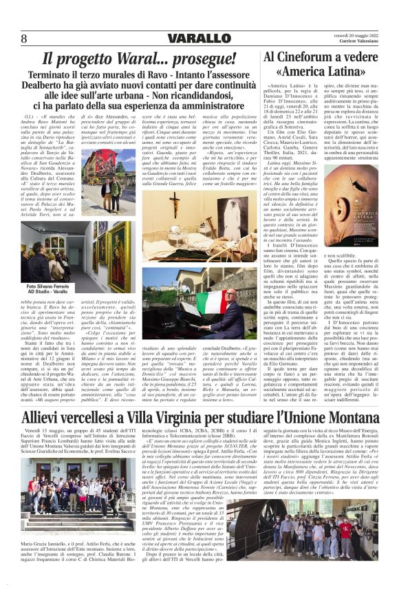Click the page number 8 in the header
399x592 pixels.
23,37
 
